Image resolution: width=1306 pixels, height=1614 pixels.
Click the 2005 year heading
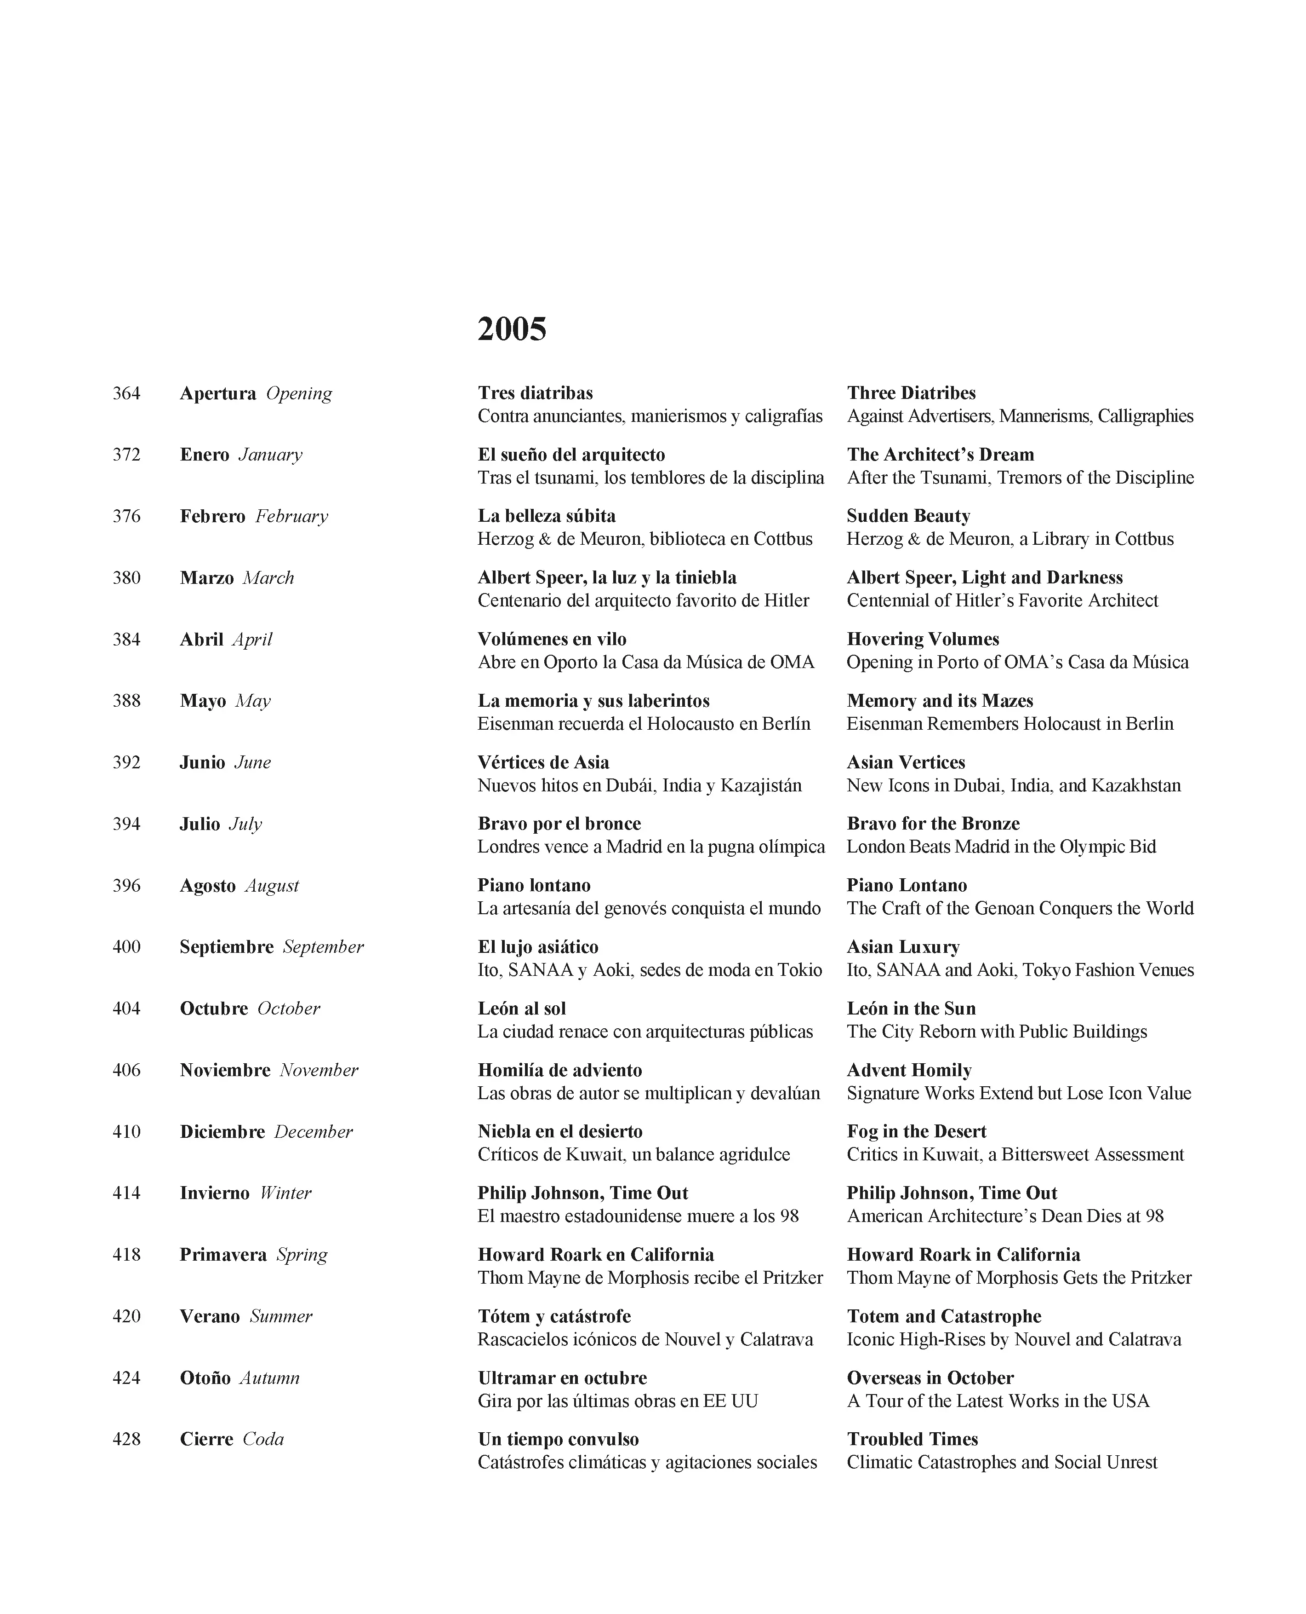pyautogui.click(x=512, y=329)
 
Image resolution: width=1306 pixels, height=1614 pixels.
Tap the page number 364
pyautogui.click(x=126, y=393)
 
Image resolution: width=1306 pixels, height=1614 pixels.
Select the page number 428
pyautogui.click(x=126, y=1439)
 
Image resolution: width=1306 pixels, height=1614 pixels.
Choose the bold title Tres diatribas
pyautogui.click(x=535, y=393)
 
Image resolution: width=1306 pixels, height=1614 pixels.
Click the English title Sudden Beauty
pyautogui.click(x=908, y=516)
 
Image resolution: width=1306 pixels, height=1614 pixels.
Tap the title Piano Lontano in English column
pyautogui.click(x=907, y=885)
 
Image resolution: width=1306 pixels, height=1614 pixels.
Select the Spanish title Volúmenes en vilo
pyautogui.click(x=552, y=639)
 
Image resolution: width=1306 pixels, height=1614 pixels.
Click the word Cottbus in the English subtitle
pyautogui.click(x=1144, y=539)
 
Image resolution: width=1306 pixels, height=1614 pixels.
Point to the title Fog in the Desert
pyautogui.click(x=916, y=1131)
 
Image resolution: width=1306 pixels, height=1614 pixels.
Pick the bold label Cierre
pyautogui.click(x=206, y=1439)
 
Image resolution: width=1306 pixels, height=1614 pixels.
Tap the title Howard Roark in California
pyautogui.click(x=963, y=1254)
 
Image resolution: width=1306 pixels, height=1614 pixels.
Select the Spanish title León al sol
pyautogui.click(x=521, y=1009)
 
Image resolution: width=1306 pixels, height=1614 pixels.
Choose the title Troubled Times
pyautogui.click(x=912, y=1439)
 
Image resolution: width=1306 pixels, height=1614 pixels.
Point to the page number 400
pyautogui.click(x=126, y=947)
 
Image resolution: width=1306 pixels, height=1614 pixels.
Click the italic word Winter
pyautogui.click(x=285, y=1193)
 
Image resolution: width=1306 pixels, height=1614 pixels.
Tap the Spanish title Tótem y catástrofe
pyautogui.click(x=553, y=1316)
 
